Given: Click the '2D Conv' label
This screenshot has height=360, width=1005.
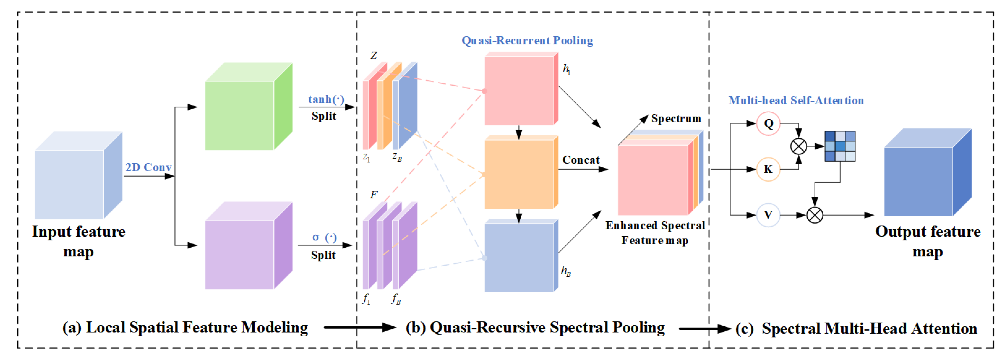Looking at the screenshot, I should (148, 167).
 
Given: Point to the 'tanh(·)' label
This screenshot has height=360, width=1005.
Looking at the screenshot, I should (326, 99).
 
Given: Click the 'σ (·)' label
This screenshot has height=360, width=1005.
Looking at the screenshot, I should (324, 237).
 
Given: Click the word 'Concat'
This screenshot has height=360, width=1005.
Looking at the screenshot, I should (581, 160).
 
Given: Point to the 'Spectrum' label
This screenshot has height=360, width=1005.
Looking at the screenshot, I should (676, 119).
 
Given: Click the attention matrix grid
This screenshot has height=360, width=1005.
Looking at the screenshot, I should (840, 146).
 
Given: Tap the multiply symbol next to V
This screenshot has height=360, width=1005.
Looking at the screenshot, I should (815, 215).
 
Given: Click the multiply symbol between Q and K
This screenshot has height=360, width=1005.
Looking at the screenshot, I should (798, 147).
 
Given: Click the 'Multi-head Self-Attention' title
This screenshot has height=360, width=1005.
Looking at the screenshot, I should (796, 101).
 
